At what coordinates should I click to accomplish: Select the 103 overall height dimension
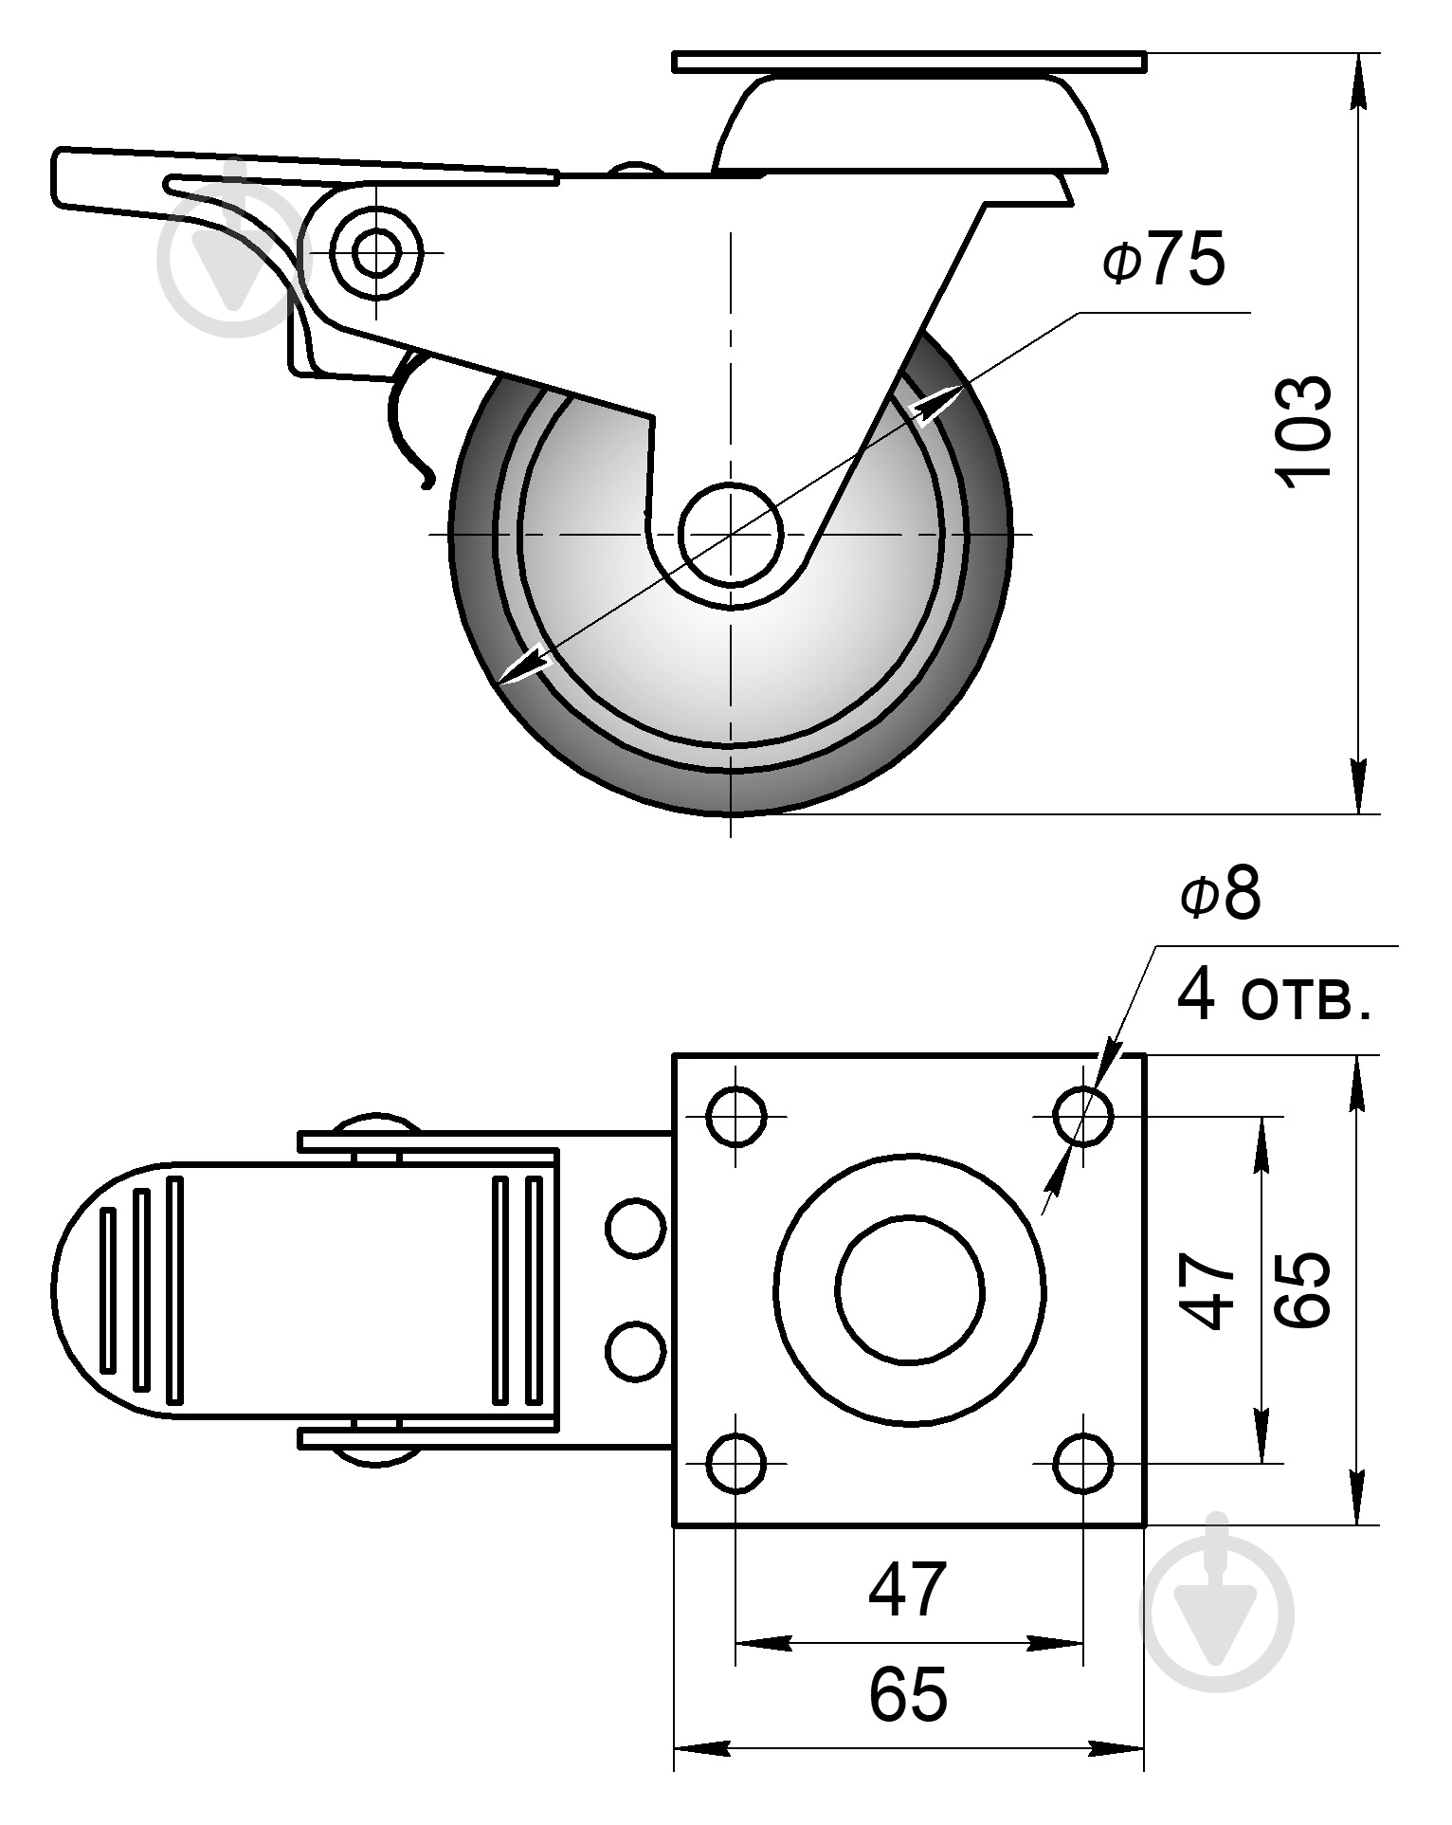coord(1305,433)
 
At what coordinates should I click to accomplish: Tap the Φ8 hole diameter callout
coord(1221,894)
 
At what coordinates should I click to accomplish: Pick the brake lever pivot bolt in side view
coord(376,252)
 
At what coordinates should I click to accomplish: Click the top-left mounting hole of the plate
coord(736,1117)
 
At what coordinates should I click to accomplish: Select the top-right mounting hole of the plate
coord(1083,1117)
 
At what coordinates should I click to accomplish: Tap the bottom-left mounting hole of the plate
coord(736,1463)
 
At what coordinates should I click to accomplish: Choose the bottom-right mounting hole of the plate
coord(1083,1463)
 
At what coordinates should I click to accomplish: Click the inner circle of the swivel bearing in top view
coord(910,1289)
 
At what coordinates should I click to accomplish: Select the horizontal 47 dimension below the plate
coord(908,1589)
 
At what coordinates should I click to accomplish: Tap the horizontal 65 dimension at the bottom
coord(908,1694)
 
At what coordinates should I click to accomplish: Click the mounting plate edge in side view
coord(910,62)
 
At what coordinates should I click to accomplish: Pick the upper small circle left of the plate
coord(634,1229)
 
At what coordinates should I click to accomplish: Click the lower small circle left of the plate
coord(634,1350)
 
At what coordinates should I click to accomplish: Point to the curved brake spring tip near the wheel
coord(427,483)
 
